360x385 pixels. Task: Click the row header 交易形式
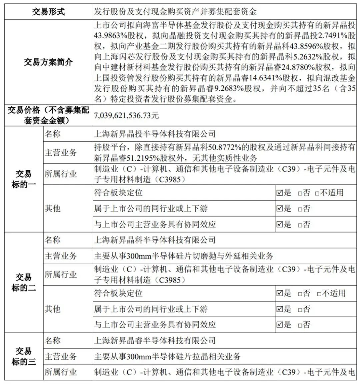(x=49, y=12)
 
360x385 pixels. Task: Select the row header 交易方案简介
(x=49, y=62)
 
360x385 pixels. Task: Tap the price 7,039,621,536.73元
(x=127, y=115)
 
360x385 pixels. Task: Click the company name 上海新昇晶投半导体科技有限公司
(x=155, y=134)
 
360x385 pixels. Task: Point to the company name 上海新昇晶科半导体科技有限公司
(x=155, y=240)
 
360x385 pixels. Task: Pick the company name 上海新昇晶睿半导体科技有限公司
(x=155, y=341)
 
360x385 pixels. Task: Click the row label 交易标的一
(x=24, y=179)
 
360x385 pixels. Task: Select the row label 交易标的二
(x=24, y=283)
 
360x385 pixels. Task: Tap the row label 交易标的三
(x=24, y=356)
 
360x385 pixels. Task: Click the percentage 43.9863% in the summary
(x=110, y=35)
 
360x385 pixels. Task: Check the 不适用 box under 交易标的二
(x=319, y=294)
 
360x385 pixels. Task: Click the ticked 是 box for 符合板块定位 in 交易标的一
(x=279, y=193)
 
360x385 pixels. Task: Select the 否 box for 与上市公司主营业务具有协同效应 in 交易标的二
(x=300, y=325)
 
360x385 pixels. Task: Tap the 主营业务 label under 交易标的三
(x=61, y=357)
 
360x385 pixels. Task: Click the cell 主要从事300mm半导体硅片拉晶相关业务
(x=167, y=357)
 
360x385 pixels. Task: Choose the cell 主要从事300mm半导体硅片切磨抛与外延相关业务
(x=184, y=256)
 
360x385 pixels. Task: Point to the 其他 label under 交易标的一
(x=53, y=209)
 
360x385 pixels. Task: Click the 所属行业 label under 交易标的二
(x=61, y=275)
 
